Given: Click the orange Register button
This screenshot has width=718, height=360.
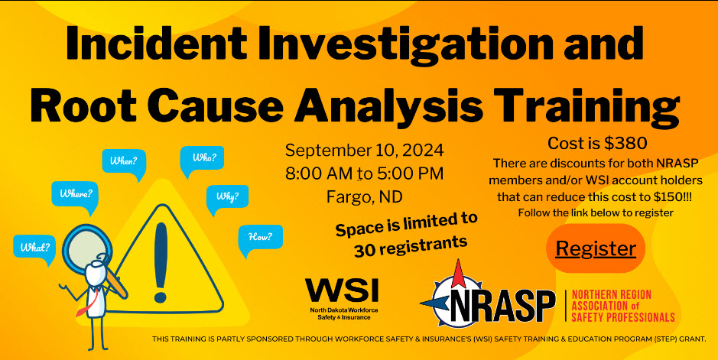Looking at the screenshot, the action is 596,248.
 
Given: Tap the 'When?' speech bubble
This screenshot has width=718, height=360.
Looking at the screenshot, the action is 124,162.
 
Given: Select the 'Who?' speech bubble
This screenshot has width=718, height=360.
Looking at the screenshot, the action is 202,159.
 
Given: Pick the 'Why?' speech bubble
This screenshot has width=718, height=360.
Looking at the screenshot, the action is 227,198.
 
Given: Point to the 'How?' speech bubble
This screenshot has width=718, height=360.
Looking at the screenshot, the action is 260,238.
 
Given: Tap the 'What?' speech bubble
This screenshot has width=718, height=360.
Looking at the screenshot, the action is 35,248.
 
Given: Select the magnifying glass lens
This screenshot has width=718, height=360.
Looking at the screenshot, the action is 87,247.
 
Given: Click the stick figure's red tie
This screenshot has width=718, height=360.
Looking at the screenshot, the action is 86,304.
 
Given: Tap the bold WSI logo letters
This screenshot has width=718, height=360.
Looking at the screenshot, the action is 342,290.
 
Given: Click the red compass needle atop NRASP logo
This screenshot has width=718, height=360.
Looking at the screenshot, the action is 458,273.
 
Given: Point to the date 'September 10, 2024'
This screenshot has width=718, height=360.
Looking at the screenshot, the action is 365,150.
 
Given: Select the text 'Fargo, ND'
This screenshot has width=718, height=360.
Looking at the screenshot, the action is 365,196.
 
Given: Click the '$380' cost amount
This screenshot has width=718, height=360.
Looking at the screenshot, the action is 625,143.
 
